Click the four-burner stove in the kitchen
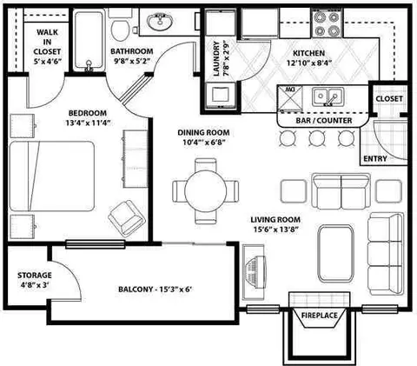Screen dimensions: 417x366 (x=328, y=23)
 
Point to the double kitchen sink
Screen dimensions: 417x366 (x=328, y=96)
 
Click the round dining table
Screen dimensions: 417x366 (x=205, y=191)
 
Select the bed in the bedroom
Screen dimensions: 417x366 (x=52, y=176)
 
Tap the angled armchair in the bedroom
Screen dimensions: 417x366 (x=127, y=218)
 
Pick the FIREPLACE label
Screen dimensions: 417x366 (x=320, y=316)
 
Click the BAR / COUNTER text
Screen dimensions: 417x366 (x=324, y=121)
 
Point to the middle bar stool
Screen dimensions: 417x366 (x=317, y=138)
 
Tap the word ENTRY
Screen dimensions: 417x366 (x=375, y=158)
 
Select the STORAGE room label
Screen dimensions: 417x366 (x=35, y=276)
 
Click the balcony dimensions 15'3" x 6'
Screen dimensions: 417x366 (x=176, y=289)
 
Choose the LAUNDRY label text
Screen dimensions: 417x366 (x=216, y=59)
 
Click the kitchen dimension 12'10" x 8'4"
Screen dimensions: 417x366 (x=309, y=63)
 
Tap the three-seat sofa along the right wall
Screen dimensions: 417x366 (x=386, y=254)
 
